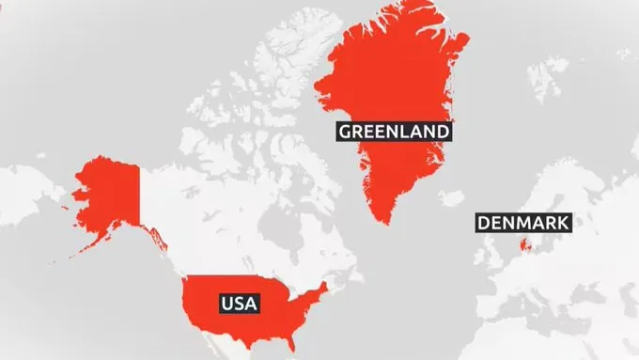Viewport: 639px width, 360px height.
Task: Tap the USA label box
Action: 239,303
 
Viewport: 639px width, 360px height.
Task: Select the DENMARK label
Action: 523,223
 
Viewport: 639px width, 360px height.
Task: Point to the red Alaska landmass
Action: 107,193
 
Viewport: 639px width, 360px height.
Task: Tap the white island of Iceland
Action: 453,199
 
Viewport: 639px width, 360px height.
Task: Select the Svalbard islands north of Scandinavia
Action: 545,70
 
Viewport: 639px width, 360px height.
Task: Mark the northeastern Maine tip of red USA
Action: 324,284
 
